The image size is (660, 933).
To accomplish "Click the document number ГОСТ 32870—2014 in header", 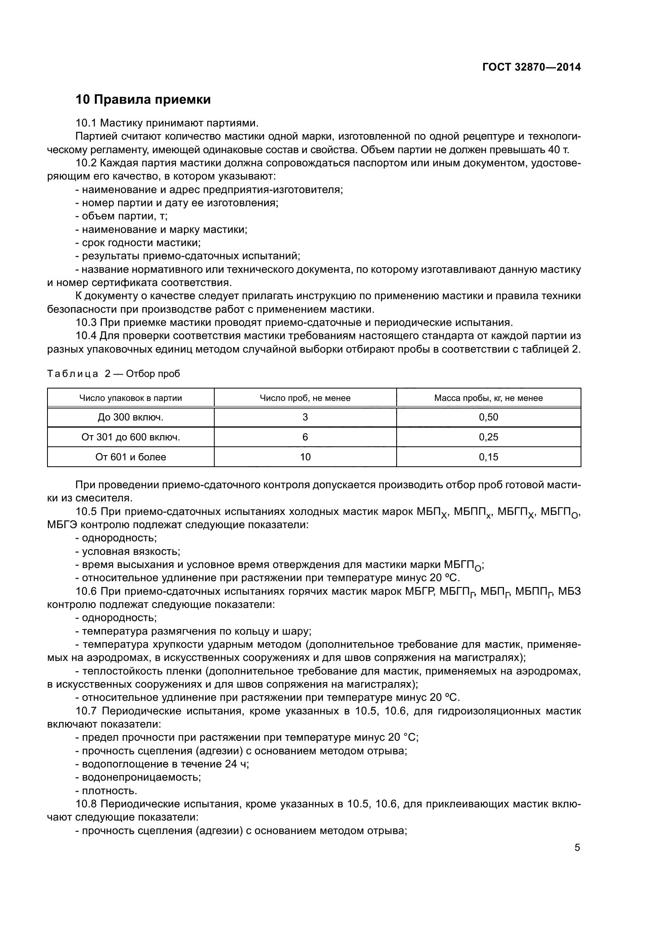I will pyautogui.click(x=531, y=67).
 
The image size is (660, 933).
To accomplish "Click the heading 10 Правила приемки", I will pyautogui.click(x=143, y=100).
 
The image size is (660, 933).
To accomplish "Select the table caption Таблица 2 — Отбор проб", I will pyautogui.click(x=113, y=373).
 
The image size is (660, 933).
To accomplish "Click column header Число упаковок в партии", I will pyautogui.click(x=130, y=398).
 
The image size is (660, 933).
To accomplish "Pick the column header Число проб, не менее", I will pyautogui.click(x=305, y=398).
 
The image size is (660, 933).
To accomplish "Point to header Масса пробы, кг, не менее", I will pyautogui.click(x=488, y=398).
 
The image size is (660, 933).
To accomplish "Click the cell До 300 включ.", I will pyautogui.click(x=130, y=417).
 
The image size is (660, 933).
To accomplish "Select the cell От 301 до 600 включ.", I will pyautogui.click(x=130, y=437).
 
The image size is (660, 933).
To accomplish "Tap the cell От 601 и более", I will pyautogui.click(x=130, y=457).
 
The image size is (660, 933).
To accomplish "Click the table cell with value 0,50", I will pyautogui.click(x=488, y=417).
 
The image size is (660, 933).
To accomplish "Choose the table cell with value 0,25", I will pyautogui.click(x=488, y=437).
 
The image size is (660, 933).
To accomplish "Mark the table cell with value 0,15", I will pyautogui.click(x=488, y=457).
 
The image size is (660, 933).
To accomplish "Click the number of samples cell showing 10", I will pyautogui.click(x=305, y=457).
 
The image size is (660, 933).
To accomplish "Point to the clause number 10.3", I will pyautogui.click(x=86, y=323).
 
